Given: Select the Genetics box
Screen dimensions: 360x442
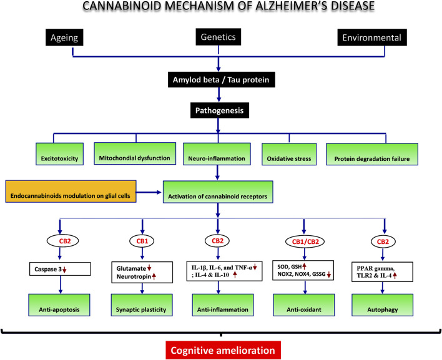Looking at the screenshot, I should click(x=218, y=38).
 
